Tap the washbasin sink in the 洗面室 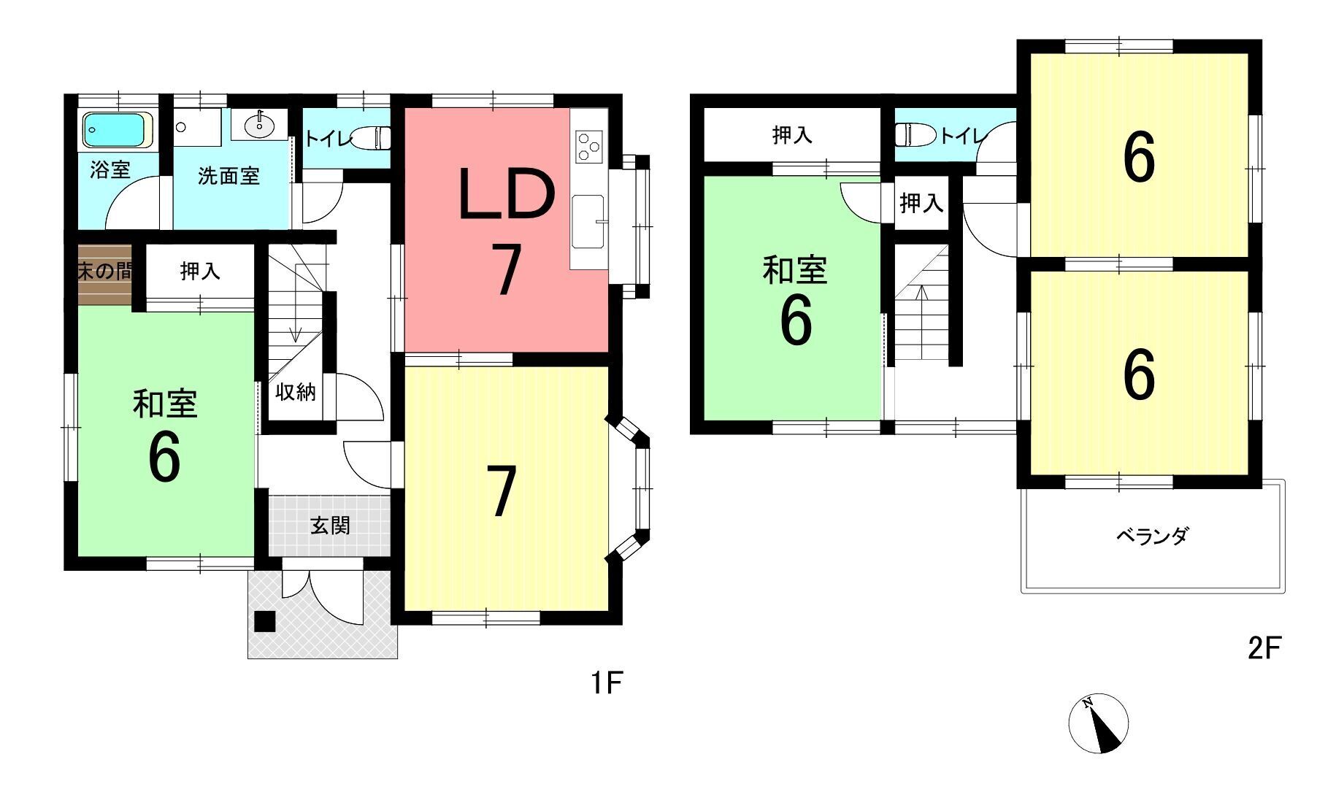point(258,126)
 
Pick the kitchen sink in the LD point(588,221)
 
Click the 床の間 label point(105,272)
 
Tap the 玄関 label point(331,525)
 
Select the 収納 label point(296,392)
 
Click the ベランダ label point(1153,536)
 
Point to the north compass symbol point(1099,723)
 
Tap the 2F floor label point(1264,647)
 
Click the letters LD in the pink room point(507,195)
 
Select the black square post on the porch point(265,620)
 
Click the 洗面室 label point(229,176)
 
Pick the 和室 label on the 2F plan point(795,269)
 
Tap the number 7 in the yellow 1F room point(500,491)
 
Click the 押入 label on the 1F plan point(200,272)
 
